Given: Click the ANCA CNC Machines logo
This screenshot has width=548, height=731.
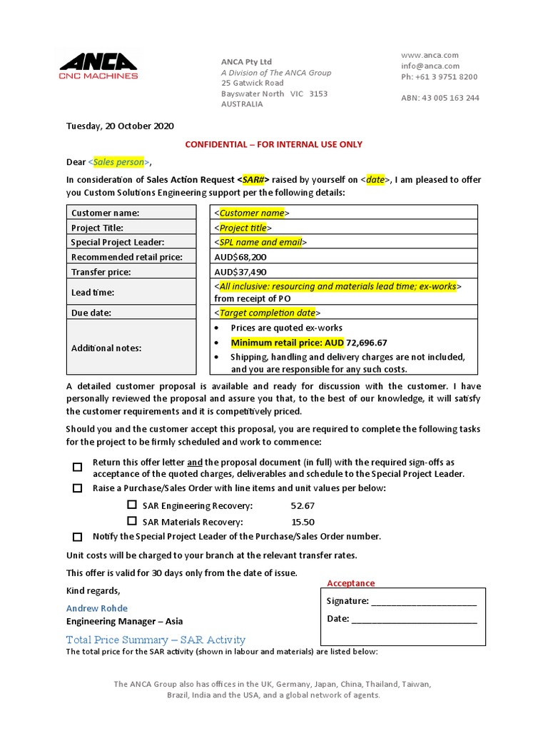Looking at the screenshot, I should coord(99,66).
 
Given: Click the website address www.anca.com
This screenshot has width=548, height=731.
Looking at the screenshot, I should coord(430,55).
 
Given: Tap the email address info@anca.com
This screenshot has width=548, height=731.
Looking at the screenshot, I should coord(430,66).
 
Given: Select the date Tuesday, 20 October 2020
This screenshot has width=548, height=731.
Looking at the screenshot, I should coord(120,126).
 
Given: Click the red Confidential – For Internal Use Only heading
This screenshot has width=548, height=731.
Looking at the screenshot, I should coord(274,144).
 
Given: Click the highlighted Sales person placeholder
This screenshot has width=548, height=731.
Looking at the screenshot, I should coord(118,162).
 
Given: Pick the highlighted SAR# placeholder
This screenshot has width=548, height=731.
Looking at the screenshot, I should coord(255,180).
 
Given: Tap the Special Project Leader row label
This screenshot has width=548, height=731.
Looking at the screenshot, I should coord(118,242).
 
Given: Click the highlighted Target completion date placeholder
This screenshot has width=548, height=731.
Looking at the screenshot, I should coord(268,313).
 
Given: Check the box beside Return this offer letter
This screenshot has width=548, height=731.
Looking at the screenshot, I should coord(77,468).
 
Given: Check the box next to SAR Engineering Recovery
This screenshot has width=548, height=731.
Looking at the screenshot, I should coord(131,505).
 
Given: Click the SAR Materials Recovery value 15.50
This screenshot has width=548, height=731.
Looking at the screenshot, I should coord(303,522).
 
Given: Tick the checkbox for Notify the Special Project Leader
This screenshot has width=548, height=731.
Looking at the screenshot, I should coord(77,537).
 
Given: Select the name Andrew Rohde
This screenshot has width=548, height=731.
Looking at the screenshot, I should coord(97,608).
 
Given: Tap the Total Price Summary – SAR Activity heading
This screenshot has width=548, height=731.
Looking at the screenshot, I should coord(156,640).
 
